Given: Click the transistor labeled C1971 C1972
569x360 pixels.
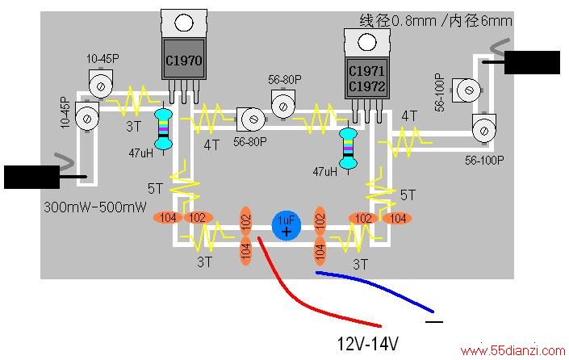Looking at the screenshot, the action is coord(367,77).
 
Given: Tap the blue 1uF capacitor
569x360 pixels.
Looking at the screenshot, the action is coord(287,226).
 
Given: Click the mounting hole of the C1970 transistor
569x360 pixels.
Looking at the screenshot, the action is coord(184,23).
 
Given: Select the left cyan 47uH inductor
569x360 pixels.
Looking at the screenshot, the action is coord(163,128).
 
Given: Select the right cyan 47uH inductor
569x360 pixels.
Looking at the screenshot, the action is coord(348,149).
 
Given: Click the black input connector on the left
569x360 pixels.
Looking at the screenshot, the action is coord(32,177).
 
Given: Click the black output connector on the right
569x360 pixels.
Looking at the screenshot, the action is coord(532,62).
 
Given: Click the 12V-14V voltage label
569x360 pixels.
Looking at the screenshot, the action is coord(367,343).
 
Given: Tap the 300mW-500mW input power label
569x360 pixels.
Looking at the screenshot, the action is coord(95,207).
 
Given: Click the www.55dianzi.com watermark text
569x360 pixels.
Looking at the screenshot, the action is coord(513,350).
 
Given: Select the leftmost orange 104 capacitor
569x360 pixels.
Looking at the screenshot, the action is coord(168,218).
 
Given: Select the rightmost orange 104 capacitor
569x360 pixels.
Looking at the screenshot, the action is coord(397,218).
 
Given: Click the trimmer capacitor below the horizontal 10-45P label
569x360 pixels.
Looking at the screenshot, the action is coord(101,84).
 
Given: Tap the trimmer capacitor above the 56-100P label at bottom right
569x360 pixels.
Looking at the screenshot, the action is coord(484,128).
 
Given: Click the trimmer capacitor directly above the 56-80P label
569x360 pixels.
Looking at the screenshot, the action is coord(283,104).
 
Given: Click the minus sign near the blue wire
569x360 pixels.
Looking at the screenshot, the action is coord(434,321).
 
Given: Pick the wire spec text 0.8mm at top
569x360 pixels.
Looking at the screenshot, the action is coord(413,21).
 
